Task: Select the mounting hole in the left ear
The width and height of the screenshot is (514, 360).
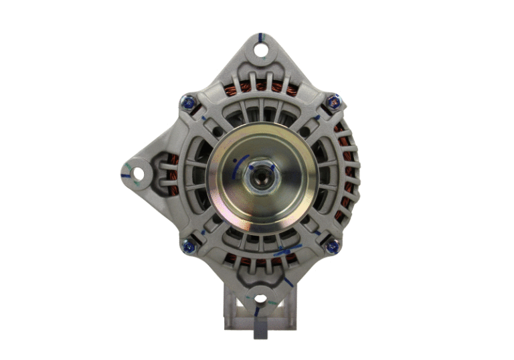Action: click(x=138, y=174)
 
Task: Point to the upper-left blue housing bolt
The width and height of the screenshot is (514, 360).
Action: click(x=187, y=102)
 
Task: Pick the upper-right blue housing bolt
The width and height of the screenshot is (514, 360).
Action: click(x=332, y=101)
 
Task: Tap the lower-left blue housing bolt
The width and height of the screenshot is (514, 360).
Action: click(x=187, y=246)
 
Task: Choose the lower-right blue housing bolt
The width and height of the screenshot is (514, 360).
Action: click(x=331, y=246)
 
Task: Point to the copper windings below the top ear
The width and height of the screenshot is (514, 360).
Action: click(x=260, y=88)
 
